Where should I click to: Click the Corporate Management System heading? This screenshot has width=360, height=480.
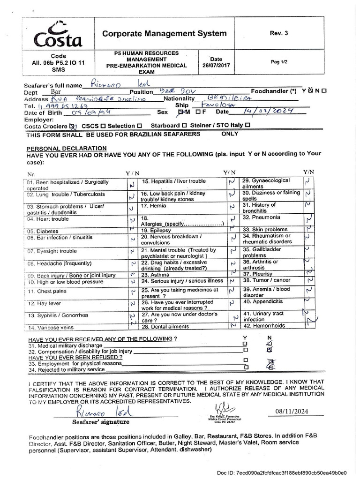[164, 33]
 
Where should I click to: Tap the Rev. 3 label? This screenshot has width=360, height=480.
[276, 33]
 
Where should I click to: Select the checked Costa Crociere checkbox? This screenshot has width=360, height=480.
[72, 126]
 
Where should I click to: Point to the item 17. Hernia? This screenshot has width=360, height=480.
[155, 205]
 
